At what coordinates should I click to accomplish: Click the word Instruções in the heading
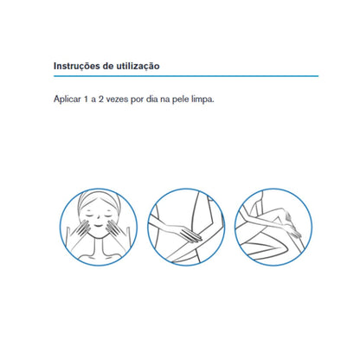coord(77,66)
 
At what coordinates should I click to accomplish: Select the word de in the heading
coord(108,66)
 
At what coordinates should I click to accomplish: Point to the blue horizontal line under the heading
coord(186,76)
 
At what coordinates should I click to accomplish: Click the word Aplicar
coord(67,100)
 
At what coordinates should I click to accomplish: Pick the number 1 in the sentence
coord(86,100)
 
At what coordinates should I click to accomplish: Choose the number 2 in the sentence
coord(101,100)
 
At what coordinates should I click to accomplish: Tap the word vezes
coord(117,100)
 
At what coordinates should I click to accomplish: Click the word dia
coord(152,100)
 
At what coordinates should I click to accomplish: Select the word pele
coord(181,100)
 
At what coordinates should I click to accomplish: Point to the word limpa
coord(203,100)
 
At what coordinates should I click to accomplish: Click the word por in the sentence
coord(137,100)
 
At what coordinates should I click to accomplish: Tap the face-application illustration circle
coord(99,190)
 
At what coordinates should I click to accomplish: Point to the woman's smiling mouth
coord(98,226)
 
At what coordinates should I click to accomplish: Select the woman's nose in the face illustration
coord(98,218)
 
